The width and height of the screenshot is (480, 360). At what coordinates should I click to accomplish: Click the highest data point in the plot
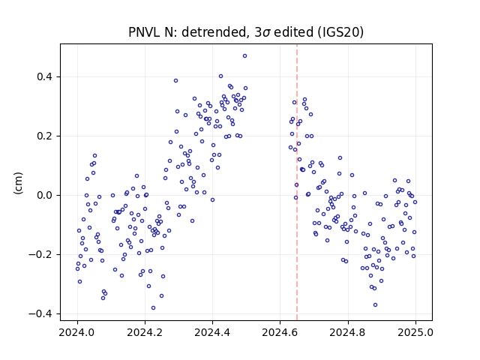pyautogui.click(x=244, y=56)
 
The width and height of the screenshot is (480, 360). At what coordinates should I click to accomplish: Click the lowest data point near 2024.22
pyautogui.click(x=153, y=308)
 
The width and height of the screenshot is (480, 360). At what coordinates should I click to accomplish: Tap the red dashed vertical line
pyautogui.click(x=297, y=182)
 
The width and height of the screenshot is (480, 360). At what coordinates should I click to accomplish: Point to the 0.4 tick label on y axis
pyautogui.click(x=44, y=76)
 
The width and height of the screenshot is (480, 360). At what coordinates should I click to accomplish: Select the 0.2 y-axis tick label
pyautogui.click(x=44, y=136)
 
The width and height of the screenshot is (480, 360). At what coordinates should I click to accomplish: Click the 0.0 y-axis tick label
pyautogui.click(x=44, y=195)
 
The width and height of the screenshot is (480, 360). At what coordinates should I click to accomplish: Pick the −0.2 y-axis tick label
pyautogui.click(x=40, y=254)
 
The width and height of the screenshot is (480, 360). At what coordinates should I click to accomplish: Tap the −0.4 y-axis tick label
pyautogui.click(x=40, y=313)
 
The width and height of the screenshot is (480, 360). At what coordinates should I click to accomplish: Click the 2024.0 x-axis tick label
pyautogui.click(x=77, y=332)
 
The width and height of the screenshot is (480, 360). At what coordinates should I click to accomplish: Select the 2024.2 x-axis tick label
pyautogui.click(x=145, y=332)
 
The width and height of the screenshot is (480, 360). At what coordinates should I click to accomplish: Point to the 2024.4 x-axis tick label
pyautogui.click(x=212, y=332)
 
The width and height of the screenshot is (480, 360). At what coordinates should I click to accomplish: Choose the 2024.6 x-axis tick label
pyautogui.click(x=280, y=332)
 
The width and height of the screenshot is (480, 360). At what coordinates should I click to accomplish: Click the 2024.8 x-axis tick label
pyautogui.click(x=348, y=332)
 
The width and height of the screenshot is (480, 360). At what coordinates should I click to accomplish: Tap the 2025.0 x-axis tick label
pyautogui.click(x=415, y=332)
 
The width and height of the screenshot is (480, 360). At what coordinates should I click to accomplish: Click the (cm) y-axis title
pyautogui.click(x=18, y=183)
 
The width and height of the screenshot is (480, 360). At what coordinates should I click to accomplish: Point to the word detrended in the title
pyautogui.click(x=214, y=32)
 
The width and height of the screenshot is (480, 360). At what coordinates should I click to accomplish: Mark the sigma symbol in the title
pyautogui.click(x=266, y=33)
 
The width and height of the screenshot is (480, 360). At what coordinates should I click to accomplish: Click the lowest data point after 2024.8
pyautogui.click(x=375, y=305)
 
